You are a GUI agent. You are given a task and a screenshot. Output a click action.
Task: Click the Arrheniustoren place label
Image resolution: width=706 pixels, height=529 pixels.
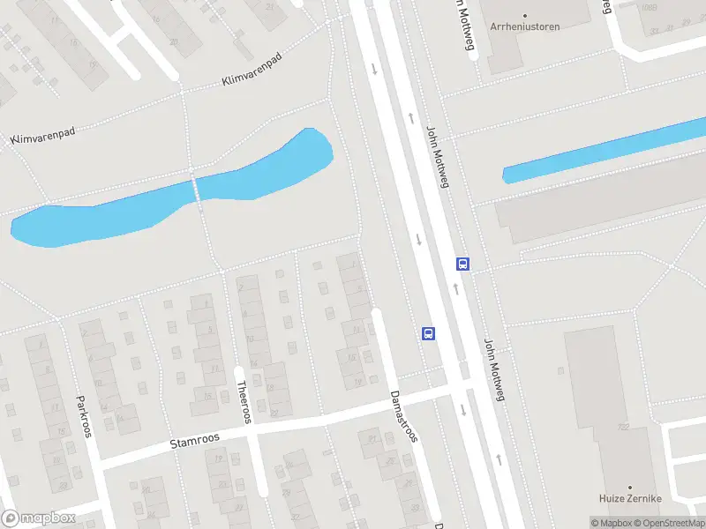point(524,26)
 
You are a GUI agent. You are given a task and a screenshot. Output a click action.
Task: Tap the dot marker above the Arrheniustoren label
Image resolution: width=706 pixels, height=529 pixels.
point(524,15)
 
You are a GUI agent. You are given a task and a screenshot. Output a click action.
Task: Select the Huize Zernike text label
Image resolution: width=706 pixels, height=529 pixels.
point(631,499)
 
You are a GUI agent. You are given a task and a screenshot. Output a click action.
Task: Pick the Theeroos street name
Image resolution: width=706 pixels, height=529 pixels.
point(244,402)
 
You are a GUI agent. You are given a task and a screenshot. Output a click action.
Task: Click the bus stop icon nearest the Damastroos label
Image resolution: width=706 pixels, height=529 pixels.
point(428,333)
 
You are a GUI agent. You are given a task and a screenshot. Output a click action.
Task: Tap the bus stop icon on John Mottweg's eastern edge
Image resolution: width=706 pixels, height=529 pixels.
point(462,264)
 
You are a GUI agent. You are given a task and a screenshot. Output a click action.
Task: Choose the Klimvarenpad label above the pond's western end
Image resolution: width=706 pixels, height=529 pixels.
point(42,135)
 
